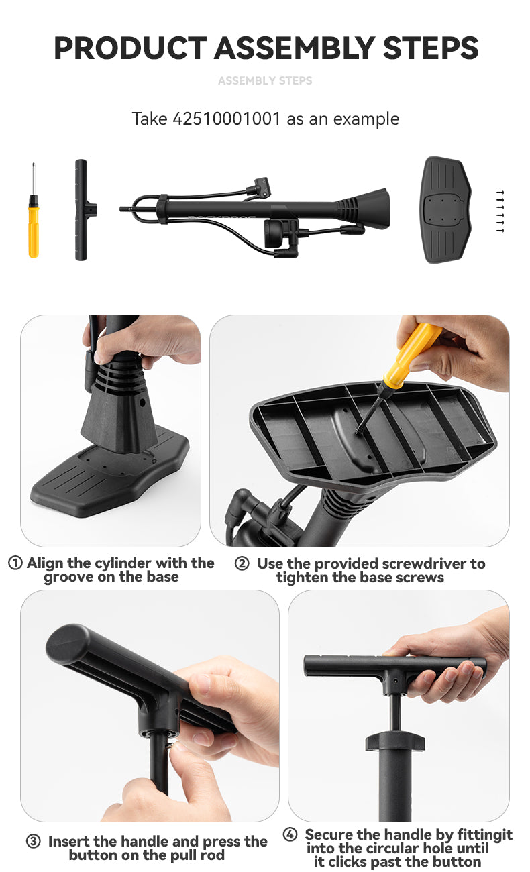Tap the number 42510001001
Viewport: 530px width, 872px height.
tap(227, 119)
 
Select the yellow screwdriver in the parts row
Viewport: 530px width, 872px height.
tap(33, 221)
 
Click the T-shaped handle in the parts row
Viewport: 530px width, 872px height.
tap(82, 209)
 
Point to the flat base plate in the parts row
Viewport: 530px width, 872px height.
tap(445, 209)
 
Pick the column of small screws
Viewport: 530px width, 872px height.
tap(499, 212)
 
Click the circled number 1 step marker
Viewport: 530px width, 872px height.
tap(15, 563)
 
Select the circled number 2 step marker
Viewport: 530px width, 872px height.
tap(242, 564)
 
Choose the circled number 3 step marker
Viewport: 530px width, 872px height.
tap(33, 841)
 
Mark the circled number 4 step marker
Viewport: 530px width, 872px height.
tap(290, 835)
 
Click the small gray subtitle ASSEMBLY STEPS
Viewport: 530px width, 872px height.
tap(265, 80)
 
